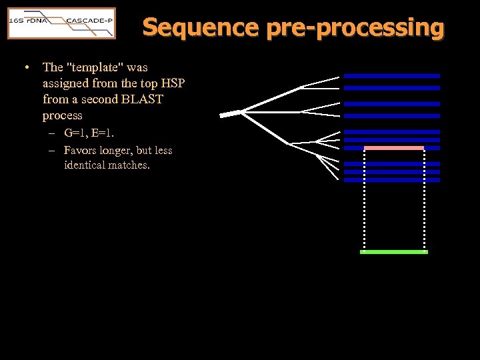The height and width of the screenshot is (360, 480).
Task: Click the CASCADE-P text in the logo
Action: (89, 21)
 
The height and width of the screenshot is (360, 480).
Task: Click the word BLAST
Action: (143, 99)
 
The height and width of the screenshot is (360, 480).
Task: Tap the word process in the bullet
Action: (62, 115)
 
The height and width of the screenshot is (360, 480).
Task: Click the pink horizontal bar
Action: (394, 148)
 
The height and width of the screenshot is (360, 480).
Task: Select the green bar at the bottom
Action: (394, 252)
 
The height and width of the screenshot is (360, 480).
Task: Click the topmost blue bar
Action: (392, 76)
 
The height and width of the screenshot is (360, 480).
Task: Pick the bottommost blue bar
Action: (392, 180)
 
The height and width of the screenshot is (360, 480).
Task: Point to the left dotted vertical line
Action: (365, 200)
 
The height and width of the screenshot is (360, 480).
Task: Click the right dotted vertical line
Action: (424, 200)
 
